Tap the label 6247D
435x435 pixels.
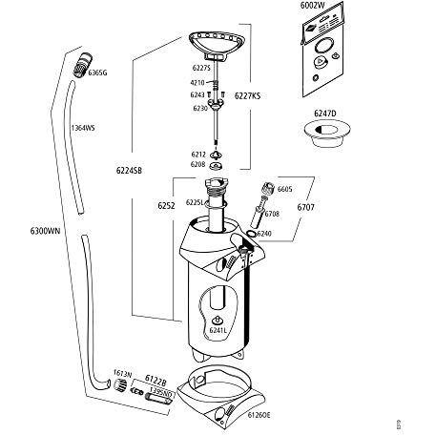point(325,113)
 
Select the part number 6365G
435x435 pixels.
point(98,72)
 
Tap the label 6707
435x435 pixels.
point(307,205)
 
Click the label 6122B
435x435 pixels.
point(156,380)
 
